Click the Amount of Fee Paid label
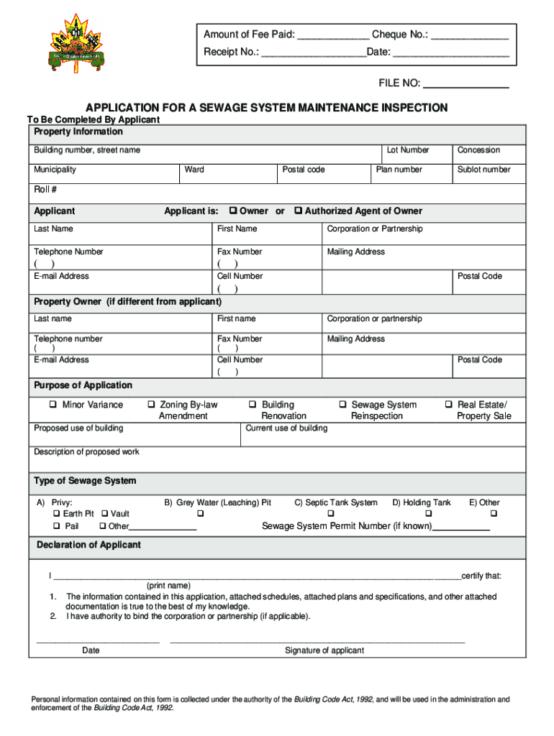point(248,34)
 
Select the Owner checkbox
point(233,211)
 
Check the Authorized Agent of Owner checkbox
point(299,211)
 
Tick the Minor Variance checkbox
point(53,405)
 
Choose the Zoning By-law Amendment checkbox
point(151,405)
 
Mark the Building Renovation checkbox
point(253,405)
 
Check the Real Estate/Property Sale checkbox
point(449,405)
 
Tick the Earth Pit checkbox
point(56,514)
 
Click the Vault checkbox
point(104,514)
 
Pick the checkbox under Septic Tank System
point(331,514)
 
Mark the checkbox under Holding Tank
point(428,514)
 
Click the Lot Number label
point(407,150)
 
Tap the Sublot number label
point(483,170)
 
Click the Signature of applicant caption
point(324,650)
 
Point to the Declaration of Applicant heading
point(88,545)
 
